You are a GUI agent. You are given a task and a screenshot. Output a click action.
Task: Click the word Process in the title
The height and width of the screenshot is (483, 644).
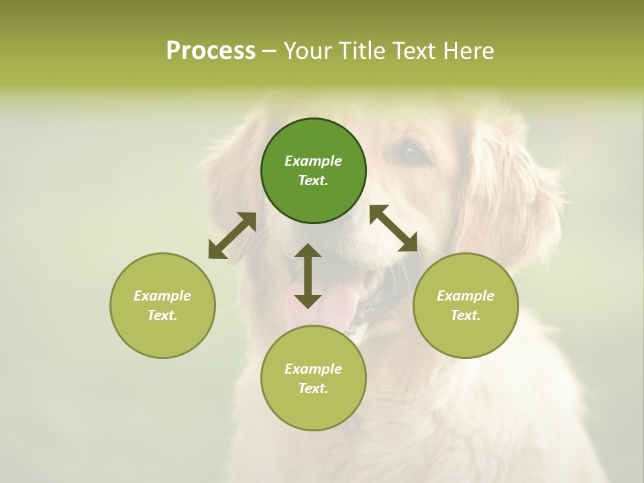211,51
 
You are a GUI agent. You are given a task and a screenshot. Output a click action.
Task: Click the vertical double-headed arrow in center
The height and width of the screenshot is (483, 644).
308,276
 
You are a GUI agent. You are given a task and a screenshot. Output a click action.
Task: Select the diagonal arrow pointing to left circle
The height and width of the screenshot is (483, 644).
232,235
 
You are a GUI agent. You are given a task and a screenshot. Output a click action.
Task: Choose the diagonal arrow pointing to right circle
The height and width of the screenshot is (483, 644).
394,228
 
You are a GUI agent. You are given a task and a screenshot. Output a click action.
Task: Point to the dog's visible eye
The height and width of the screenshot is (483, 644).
411,154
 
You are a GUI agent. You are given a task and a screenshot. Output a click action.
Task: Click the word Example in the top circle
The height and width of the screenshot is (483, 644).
313,161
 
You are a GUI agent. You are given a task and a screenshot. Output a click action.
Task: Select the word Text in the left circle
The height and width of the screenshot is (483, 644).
162,315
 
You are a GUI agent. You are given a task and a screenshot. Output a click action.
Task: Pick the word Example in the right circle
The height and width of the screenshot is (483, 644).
466,296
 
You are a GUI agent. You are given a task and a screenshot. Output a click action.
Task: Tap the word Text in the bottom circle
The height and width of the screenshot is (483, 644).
313,388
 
